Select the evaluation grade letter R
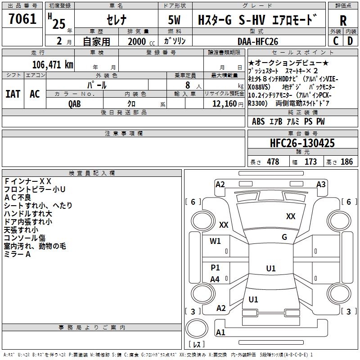[343, 21]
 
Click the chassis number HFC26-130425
[302, 143]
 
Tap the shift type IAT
[13, 94]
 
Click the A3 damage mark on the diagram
[320, 184]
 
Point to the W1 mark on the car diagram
[216, 241]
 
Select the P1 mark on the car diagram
[216, 268]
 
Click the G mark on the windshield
[284, 237]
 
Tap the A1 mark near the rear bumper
[220, 333]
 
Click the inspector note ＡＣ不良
[18, 197]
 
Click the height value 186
[346, 162]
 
